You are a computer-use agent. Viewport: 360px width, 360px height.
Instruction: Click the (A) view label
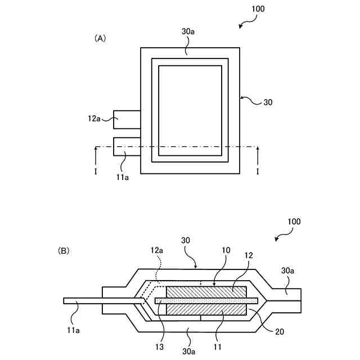(x=100, y=38)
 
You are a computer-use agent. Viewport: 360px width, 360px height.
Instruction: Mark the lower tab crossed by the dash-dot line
(x=127, y=146)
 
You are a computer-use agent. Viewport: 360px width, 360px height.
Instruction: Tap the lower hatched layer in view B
(x=206, y=310)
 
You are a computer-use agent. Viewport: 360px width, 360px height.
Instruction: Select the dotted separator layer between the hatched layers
(x=206, y=301)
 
